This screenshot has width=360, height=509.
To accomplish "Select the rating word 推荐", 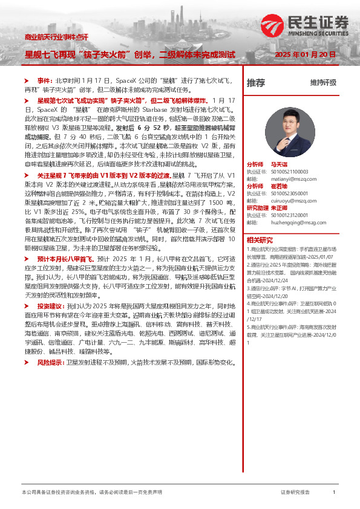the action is tap(255, 83).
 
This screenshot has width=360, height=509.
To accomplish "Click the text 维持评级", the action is tap(323, 83).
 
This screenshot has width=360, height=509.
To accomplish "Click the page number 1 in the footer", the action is tap(333, 493).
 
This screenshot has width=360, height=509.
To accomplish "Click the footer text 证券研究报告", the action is tap(295, 493).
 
